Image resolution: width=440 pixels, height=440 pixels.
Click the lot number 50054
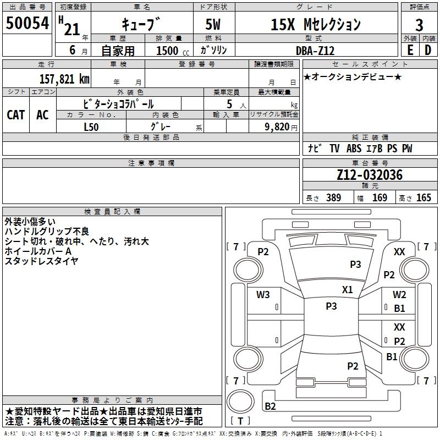(x=28, y=23)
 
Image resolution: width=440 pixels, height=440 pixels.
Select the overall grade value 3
(x=419, y=25)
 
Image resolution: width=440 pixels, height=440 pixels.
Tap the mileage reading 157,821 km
(x=64, y=79)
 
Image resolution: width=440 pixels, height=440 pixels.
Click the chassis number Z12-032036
(x=370, y=175)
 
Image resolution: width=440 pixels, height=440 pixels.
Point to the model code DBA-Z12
(x=315, y=51)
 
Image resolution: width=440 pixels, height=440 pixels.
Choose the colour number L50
(x=91, y=127)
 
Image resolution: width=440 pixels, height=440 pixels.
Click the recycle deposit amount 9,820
(x=277, y=127)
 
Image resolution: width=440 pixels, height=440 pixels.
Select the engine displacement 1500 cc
(x=173, y=51)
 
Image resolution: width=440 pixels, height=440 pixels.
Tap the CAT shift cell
(x=16, y=115)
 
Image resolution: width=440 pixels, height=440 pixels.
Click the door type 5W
(x=213, y=24)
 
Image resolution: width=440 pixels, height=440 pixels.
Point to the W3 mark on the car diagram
(x=263, y=295)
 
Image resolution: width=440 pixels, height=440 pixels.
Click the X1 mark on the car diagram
(x=348, y=290)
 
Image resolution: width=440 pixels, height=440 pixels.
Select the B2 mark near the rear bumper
(x=270, y=406)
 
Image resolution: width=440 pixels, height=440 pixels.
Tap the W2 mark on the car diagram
(x=399, y=295)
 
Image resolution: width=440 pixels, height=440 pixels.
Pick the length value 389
(x=334, y=197)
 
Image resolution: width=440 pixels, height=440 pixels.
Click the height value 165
(x=424, y=197)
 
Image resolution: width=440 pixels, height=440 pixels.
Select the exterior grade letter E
(x=410, y=50)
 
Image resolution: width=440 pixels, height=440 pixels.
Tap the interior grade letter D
(x=428, y=50)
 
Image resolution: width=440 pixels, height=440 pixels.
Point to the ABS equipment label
(x=354, y=148)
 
